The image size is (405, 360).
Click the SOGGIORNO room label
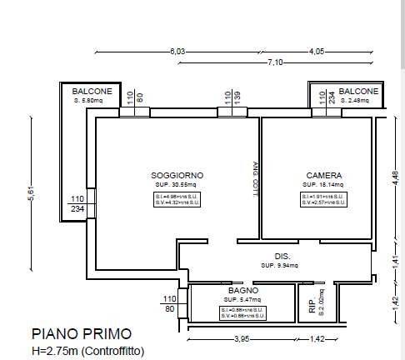(177, 175)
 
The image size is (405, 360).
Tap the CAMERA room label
(323, 175)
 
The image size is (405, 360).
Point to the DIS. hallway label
(282, 256)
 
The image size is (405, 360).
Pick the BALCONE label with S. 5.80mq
(92, 91)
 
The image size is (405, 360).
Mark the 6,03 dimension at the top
(177, 52)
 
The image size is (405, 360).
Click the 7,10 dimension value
(276, 62)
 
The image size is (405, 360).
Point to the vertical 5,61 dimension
(31, 191)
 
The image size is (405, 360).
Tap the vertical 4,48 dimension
(396, 178)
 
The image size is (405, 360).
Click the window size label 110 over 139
(232, 98)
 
